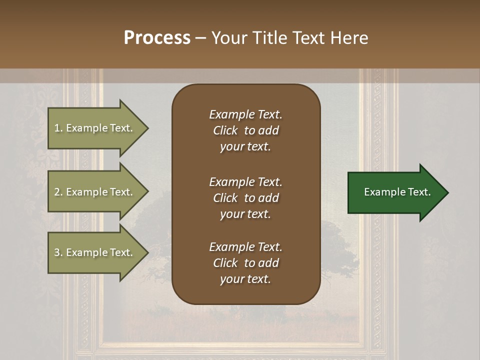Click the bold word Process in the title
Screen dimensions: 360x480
(157, 38)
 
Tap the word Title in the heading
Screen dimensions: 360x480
(271, 38)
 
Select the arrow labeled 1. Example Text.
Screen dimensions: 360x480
(95, 128)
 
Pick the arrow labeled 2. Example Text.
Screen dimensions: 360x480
(95, 192)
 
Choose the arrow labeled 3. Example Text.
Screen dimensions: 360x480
(95, 252)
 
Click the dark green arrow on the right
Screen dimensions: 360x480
(395, 192)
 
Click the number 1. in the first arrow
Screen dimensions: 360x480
(58, 128)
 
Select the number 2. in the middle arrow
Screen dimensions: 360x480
(58, 192)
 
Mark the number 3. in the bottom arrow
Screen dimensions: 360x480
(58, 252)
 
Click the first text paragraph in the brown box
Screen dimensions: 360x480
(245, 130)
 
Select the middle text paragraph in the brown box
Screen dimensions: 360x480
(245, 198)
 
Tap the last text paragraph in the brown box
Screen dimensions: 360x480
(245, 263)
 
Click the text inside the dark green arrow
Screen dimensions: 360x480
(397, 192)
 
